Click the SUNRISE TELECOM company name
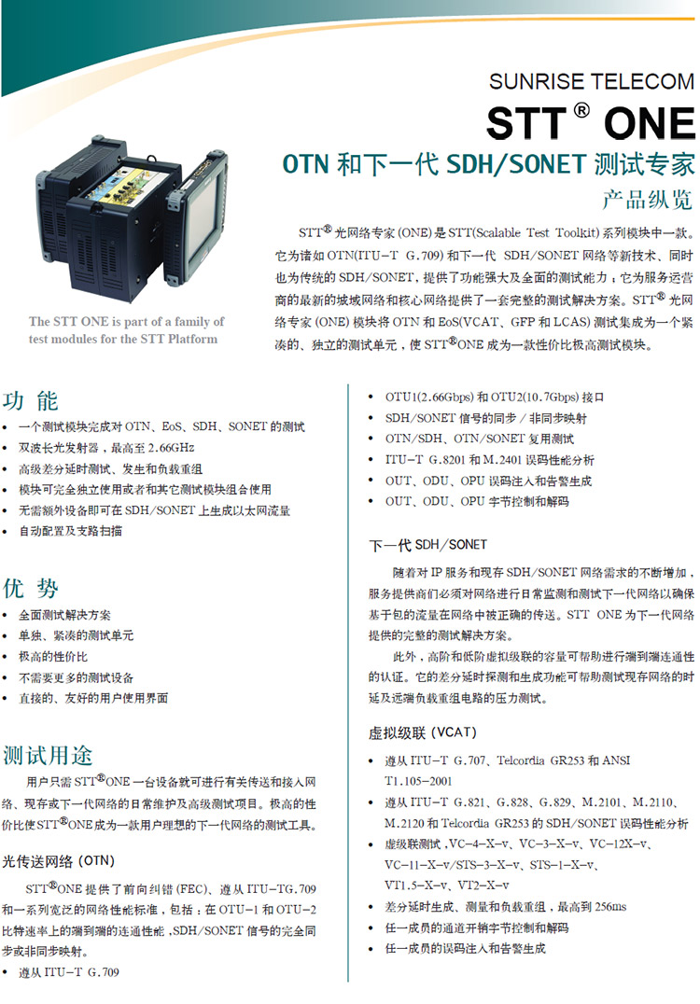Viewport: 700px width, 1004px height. click(591, 81)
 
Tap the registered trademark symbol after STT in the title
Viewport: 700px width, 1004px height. click(581, 111)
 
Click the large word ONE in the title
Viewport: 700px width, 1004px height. click(649, 123)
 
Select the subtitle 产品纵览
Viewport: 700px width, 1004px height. click(647, 200)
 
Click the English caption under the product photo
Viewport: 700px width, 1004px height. click(125, 329)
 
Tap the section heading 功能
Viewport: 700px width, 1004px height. click(31, 401)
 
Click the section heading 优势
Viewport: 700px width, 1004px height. click(31, 588)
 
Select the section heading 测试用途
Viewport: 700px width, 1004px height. click(48, 756)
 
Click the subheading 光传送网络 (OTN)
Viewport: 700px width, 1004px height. click(58, 861)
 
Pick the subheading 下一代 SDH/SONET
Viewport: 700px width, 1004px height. click(427, 545)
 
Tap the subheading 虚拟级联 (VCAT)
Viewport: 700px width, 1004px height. click(423, 732)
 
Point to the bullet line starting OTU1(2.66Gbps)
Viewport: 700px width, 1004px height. click(494, 397)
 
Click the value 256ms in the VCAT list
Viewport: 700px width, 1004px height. click(611, 906)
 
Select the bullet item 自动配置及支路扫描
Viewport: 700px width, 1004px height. click(70, 531)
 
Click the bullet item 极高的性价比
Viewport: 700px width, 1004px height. click(53, 656)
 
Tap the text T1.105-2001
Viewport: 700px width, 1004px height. click(418, 781)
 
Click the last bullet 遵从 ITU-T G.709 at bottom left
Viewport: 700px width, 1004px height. click(68, 972)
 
